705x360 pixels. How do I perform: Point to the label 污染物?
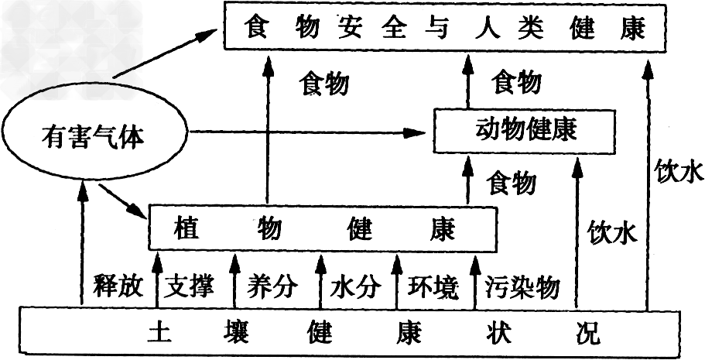click(522, 286)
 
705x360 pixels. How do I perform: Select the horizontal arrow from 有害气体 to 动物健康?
click(310, 132)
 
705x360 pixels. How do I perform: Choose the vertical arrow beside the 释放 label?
click(81, 248)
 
